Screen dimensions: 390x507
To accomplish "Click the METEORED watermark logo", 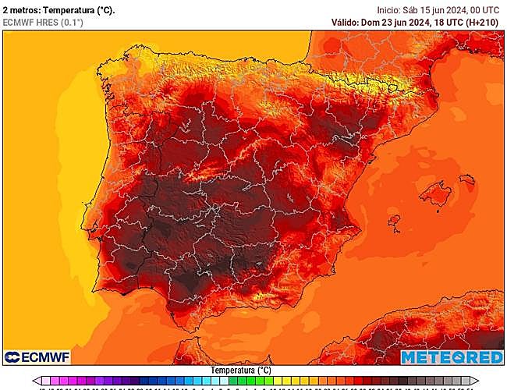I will pyautogui.click(x=451, y=356).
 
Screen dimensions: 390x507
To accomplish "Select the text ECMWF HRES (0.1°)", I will pyautogui.click(x=43, y=23).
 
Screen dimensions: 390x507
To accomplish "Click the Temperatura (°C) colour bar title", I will pyautogui.click(x=241, y=370).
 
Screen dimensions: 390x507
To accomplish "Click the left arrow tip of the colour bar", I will pyautogui.click(x=34, y=382).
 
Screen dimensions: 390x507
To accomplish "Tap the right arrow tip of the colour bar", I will pyautogui.click(x=473, y=382).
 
